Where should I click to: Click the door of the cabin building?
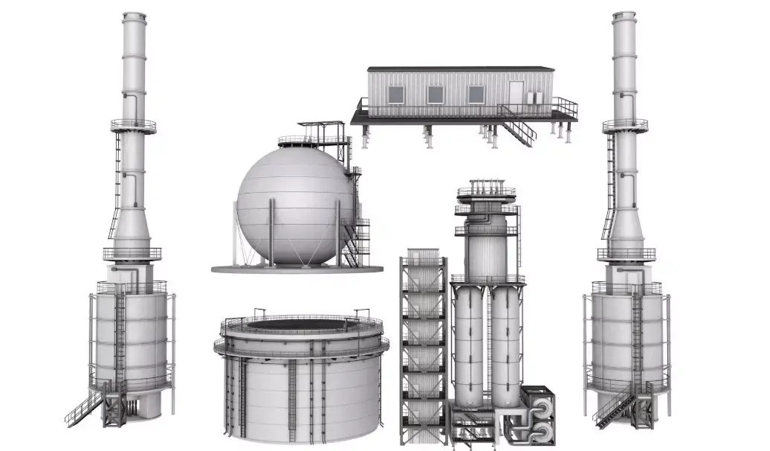click(x=516, y=93)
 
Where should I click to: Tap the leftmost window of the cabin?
click(x=396, y=95)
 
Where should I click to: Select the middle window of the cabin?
click(x=436, y=95)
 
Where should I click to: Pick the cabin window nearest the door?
click(x=476, y=95)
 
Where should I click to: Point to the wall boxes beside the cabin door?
click(x=533, y=97)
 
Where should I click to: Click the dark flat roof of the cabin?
click(x=461, y=69)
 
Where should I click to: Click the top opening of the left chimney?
click(x=134, y=14)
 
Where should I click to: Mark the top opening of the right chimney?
click(x=624, y=14)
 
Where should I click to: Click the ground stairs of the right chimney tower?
click(x=614, y=407)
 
